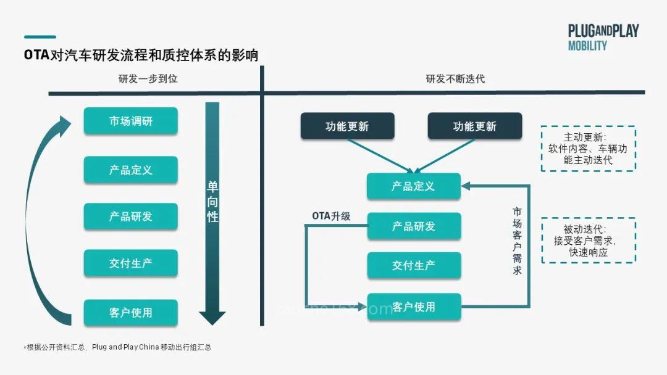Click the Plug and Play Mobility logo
603,38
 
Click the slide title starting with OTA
141,55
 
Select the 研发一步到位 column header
148,79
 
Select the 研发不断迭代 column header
455,79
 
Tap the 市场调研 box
131,121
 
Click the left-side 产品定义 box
131,170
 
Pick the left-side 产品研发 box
131,216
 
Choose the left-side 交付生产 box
131,263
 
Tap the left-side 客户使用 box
131,312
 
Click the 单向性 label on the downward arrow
212,202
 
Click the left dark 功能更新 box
347,126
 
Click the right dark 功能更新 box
474,126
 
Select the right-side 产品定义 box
414,186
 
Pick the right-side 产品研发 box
414,226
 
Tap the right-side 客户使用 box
414,307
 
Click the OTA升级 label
331,216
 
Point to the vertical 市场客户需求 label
517,241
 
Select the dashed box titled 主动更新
588,149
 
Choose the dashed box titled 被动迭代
588,240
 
